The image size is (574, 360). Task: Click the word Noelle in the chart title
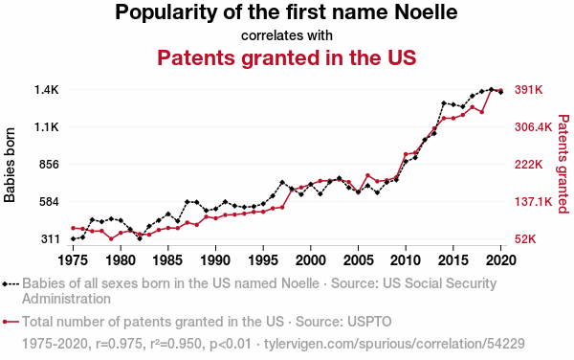click(426, 12)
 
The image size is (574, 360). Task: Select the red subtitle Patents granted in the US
click(287, 57)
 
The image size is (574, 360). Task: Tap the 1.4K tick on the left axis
click(47, 90)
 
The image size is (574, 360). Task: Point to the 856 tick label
click(49, 165)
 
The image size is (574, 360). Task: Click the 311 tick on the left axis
click(50, 239)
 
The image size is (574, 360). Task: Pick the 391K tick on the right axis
click(529, 90)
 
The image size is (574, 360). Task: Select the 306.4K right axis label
click(533, 127)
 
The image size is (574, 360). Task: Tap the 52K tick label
click(525, 239)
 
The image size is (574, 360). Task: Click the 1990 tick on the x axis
click(215, 260)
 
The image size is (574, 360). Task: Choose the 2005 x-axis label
click(359, 260)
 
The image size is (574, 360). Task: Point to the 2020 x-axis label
click(500, 260)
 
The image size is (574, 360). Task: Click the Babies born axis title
click(10, 165)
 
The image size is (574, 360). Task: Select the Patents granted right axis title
click(563, 164)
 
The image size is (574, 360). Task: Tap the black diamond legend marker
click(5, 283)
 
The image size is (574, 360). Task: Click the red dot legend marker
click(5, 322)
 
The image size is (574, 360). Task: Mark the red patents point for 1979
click(111, 238)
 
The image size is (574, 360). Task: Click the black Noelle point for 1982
click(140, 238)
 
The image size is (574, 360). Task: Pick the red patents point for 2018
click(482, 112)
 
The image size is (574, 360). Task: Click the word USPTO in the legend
click(369, 322)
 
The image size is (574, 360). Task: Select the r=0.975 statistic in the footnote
click(119, 344)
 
